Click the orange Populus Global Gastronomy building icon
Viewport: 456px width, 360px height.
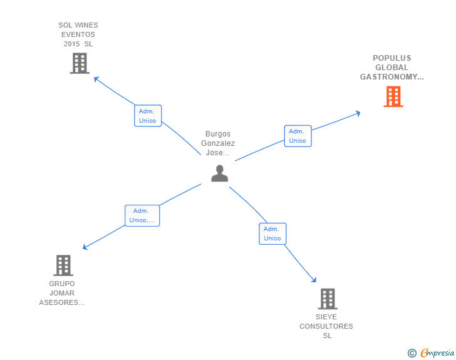pyautogui.click(x=393, y=96)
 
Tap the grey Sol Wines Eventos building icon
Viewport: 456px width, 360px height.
pyautogui.click(x=80, y=63)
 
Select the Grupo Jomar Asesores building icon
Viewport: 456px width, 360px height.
pyautogui.click(x=63, y=265)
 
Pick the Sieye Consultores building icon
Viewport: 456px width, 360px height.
pyautogui.click(x=328, y=299)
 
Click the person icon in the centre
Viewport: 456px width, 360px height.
pyautogui.click(x=219, y=173)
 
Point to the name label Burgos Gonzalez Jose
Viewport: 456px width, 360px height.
pyautogui.click(x=218, y=143)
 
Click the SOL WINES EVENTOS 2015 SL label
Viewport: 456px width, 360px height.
pyautogui.click(x=78, y=34)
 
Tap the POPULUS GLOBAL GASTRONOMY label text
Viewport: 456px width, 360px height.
pyautogui.click(x=392, y=68)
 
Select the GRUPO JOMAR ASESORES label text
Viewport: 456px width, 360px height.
pyautogui.click(x=61, y=293)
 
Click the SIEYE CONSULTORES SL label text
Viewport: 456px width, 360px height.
pyautogui.click(x=326, y=326)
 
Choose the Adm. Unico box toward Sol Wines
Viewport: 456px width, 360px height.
pyautogui.click(x=148, y=116)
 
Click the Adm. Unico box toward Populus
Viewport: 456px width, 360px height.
pyautogui.click(x=298, y=136)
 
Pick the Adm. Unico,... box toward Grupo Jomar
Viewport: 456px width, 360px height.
pyautogui.click(x=142, y=215)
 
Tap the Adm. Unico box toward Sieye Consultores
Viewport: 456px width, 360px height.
pyautogui.click(x=272, y=234)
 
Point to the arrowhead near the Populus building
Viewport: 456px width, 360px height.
pyautogui.click(x=358, y=113)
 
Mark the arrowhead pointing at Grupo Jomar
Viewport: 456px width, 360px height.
pyautogui.click(x=86, y=247)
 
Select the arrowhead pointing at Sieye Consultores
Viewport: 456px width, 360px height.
pyautogui.click(x=314, y=280)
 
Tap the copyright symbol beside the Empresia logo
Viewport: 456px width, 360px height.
pyautogui.click(x=412, y=353)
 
